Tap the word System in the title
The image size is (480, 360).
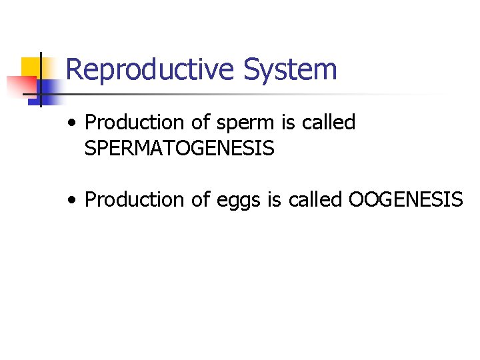[290, 70]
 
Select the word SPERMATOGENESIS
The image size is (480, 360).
[179, 149]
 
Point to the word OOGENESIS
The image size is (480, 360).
[405, 199]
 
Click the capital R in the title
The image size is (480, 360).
[75, 70]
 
